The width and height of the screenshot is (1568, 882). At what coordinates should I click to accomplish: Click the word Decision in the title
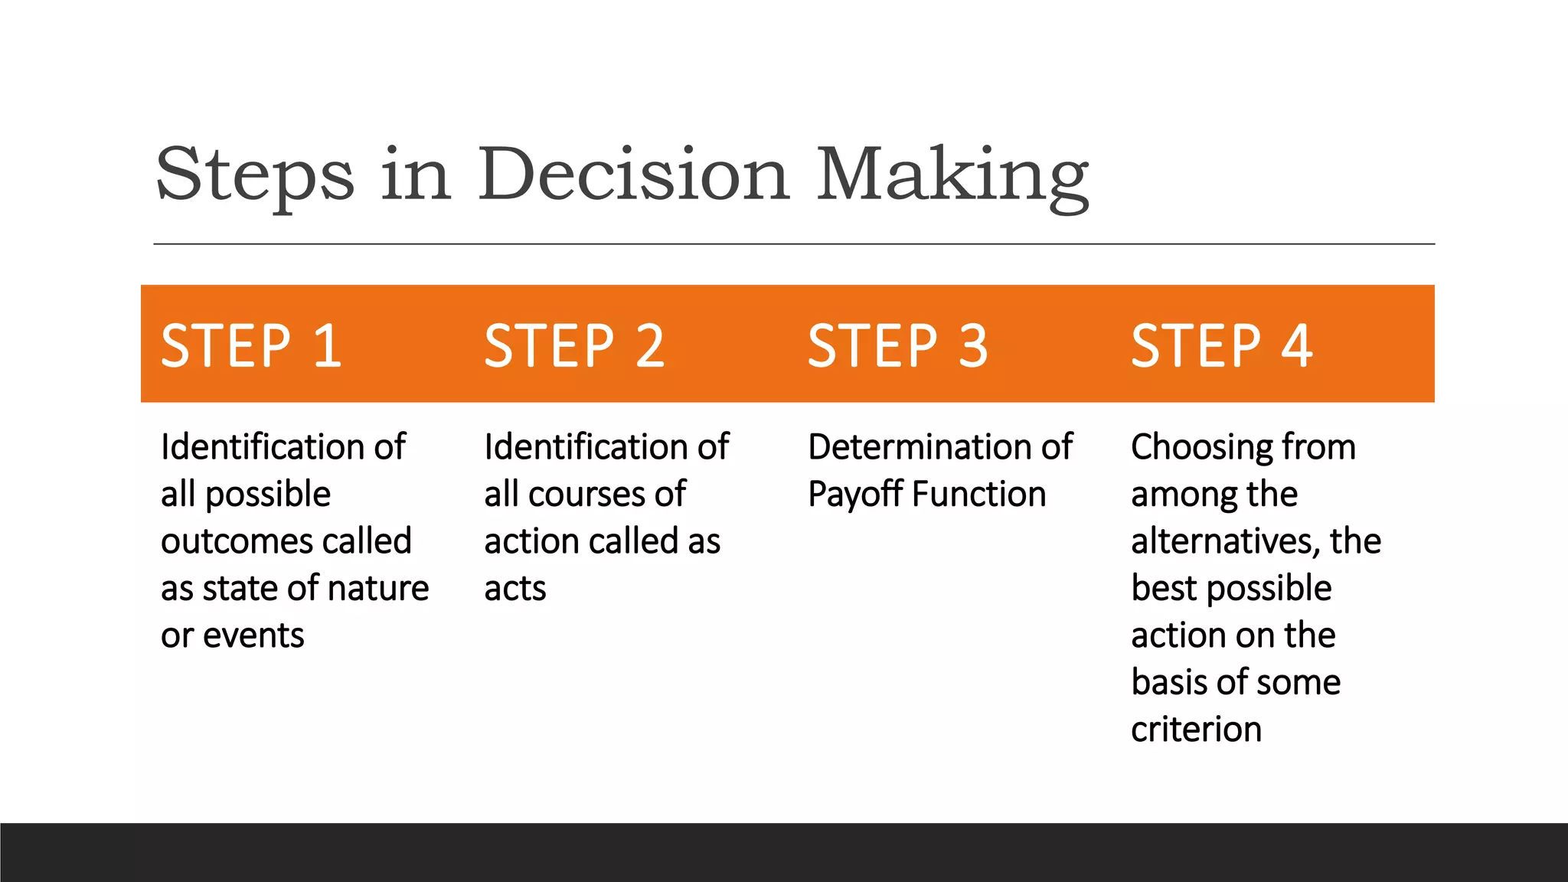pos(634,175)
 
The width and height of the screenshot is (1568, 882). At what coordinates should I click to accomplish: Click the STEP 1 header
pos(251,345)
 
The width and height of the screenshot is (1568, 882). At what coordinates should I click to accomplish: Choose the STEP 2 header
pos(574,345)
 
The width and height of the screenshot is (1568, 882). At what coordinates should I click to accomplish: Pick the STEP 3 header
pos(898,345)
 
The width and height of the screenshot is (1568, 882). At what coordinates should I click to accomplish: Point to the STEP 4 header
pos(1222,345)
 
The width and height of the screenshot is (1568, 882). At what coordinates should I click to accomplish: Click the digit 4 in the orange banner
pos(1297,345)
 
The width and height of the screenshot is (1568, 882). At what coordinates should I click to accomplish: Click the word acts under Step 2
pos(515,589)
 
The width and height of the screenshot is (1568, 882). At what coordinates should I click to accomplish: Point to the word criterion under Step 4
pos(1196,730)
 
